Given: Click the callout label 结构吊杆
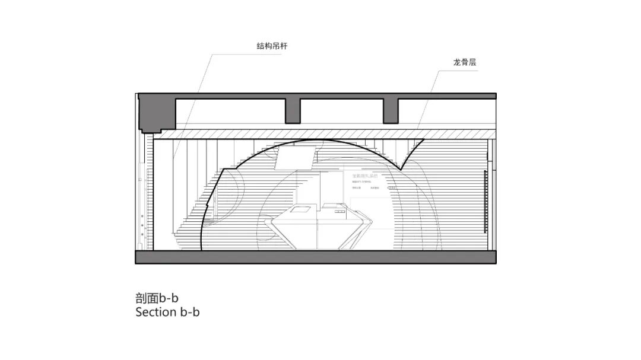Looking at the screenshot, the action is tap(272, 46).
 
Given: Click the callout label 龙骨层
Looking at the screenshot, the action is tap(464, 62).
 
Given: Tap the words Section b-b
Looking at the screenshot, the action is tap(167, 312).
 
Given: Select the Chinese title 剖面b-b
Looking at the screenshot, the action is tap(157, 298).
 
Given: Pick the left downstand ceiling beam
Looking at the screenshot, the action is tap(293, 110).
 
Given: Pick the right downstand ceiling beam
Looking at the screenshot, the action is tap(390, 110).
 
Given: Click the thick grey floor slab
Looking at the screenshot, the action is tap(316, 257).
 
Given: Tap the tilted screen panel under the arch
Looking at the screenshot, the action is tap(294, 157).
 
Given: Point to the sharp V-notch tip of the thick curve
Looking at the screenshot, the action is tap(402, 169).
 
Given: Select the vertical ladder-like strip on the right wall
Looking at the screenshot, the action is tap(485, 202).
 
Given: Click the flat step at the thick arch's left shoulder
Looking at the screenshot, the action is tap(230, 169).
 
